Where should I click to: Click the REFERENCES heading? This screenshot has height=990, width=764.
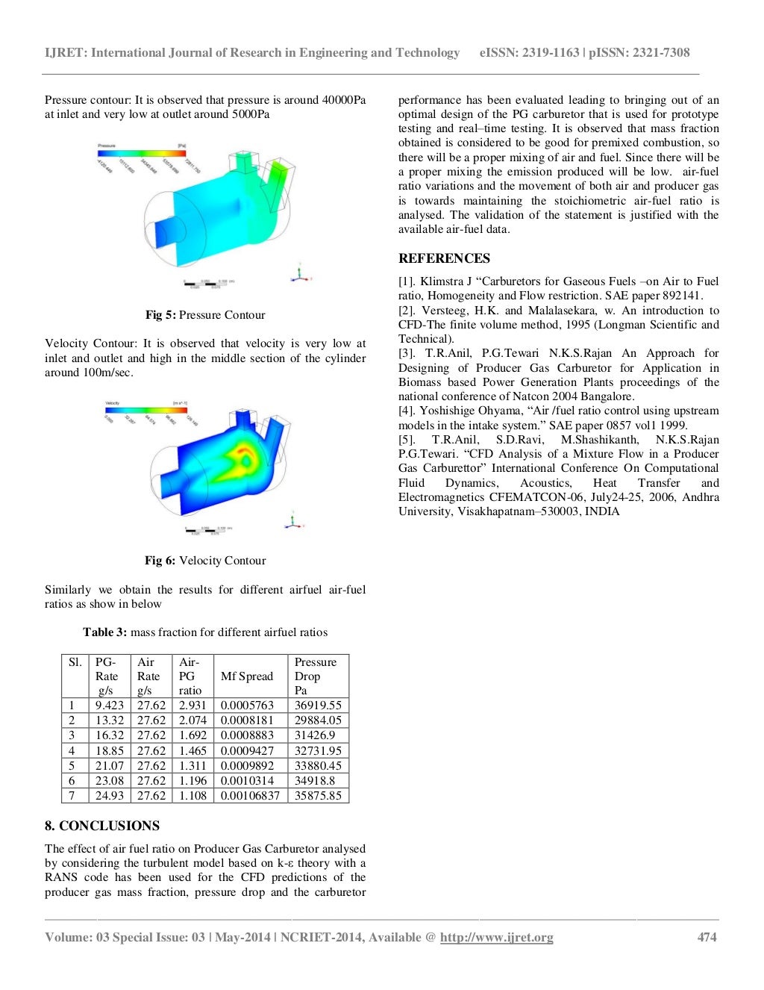tap(444, 258)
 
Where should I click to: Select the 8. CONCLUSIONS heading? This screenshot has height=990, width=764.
tap(102, 826)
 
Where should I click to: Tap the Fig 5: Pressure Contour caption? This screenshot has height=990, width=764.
tap(205, 315)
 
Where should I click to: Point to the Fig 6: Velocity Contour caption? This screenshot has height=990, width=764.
tap(205, 561)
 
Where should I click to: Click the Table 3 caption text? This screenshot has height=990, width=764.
tap(205, 632)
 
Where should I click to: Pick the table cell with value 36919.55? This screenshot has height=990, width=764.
tap(318, 706)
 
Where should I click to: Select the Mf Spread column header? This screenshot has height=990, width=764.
tap(247, 676)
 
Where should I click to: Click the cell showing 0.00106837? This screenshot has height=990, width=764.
tap(250, 796)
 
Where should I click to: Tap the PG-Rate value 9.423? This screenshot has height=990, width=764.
tap(110, 706)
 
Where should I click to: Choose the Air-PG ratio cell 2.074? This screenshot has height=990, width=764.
tap(192, 720)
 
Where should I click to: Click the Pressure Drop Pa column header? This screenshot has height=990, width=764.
tap(316, 676)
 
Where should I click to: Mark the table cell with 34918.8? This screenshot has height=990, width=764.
tap(315, 781)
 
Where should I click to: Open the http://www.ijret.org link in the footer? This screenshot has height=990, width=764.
tap(496, 938)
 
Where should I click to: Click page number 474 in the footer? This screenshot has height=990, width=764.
tap(707, 938)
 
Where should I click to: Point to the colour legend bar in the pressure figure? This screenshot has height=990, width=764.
tap(142, 152)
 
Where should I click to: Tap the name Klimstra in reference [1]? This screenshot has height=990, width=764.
tap(442, 281)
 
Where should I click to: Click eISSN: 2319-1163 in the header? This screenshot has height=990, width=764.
tap(529, 53)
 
